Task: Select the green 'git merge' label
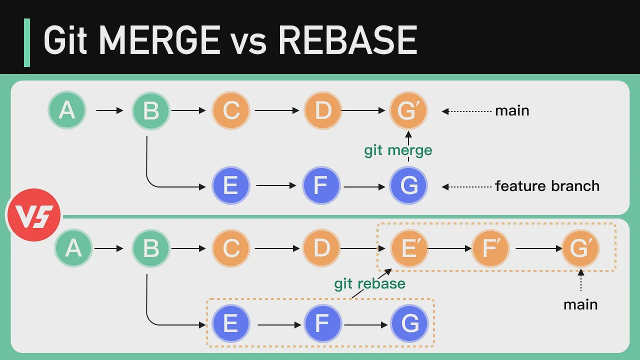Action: coord(398,150)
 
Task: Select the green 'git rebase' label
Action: coord(369,283)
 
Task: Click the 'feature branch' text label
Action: coord(547,186)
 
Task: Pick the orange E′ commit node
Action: coord(409,248)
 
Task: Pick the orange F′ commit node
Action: coord(490,248)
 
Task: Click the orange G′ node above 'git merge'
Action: coord(408,110)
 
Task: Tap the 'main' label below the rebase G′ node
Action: coord(580,304)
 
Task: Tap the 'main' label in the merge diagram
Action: coord(512,110)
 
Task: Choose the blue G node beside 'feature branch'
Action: coord(409,186)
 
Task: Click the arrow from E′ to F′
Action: coord(449,248)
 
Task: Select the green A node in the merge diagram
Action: coord(67,110)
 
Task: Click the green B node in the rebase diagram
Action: coord(151,248)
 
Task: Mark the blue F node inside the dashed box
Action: coord(322,324)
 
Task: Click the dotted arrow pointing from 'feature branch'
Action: coord(467,187)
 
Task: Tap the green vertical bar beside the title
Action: coord(27,42)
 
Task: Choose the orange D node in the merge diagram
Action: coord(323,110)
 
